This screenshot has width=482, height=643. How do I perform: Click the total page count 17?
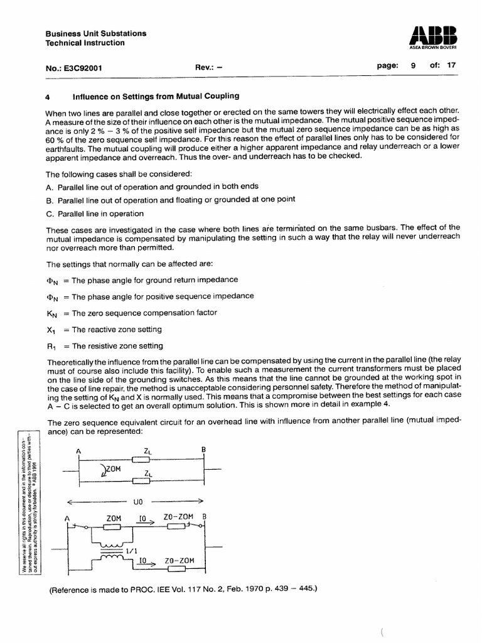[451, 65]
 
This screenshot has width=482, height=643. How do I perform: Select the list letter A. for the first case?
[50, 186]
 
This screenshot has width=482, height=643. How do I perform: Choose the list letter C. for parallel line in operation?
[50, 213]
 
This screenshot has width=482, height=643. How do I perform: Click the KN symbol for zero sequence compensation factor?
[52, 313]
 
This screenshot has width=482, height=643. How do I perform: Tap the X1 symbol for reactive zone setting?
[51, 330]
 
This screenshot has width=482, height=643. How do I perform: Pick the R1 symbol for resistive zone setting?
[51, 346]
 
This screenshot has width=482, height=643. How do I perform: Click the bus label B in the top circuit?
[203, 450]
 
